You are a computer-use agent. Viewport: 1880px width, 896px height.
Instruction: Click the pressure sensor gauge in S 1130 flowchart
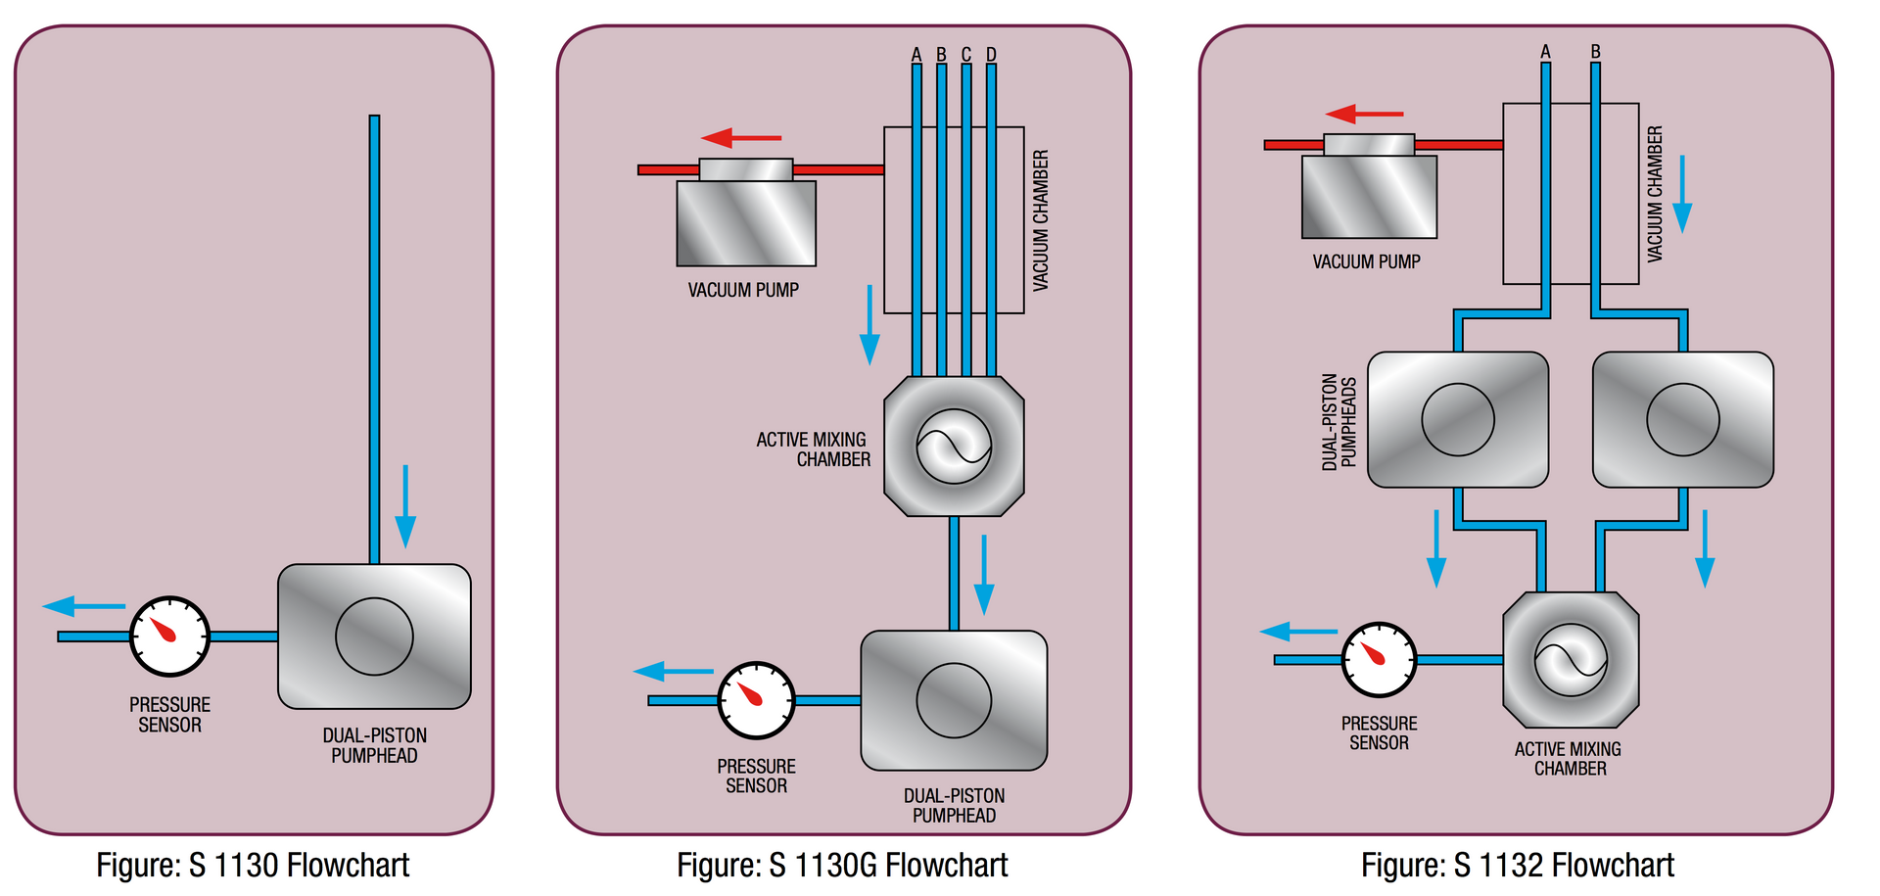pyautogui.click(x=169, y=637)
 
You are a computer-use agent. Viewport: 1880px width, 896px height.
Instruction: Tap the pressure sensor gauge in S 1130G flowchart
pyautogui.click(x=756, y=700)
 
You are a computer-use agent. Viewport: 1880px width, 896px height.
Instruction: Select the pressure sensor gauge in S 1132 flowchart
pyautogui.click(x=1379, y=659)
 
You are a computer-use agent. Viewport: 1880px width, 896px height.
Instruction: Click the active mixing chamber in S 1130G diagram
pyautogui.click(x=954, y=447)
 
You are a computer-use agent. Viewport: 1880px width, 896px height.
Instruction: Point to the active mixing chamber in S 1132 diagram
pyautogui.click(x=1571, y=660)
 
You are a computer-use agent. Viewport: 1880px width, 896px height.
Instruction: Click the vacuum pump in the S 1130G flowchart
pyautogui.click(x=746, y=215)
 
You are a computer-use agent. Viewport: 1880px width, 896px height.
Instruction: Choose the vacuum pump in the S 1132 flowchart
pyautogui.click(x=1369, y=190)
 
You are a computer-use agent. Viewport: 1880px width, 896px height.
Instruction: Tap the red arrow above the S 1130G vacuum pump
pyautogui.click(x=741, y=137)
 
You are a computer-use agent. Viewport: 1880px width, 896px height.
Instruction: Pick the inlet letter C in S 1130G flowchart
pyautogui.click(x=966, y=55)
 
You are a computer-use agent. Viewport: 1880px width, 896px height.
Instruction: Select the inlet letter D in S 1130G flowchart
pyautogui.click(x=991, y=55)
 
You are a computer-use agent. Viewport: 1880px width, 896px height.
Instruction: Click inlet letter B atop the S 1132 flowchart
pyautogui.click(x=1595, y=52)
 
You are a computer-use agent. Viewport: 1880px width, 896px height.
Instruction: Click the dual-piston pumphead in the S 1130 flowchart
pyautogui.click(x=374, y=637)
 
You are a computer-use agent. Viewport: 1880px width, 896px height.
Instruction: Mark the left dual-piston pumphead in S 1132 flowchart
pyautogui.click(x=1457, y=419)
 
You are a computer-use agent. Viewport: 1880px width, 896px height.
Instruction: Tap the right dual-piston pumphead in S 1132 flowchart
pyautogui.click(x=1682, y=419)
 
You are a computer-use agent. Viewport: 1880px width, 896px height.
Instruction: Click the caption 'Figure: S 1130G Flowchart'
pyautogui.click(x=842, y=866)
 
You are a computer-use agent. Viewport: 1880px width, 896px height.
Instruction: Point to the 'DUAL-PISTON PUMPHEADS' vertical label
pyautogui.click(x=1339, y=421)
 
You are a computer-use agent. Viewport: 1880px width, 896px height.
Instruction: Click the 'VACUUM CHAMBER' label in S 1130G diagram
pyautogui.click(x=1041, y=220)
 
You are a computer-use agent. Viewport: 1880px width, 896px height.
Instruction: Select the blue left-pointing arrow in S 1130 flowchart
pyautogui.click(x=84, y=606)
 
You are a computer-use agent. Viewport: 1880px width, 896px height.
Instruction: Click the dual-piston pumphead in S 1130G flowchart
pyautogui.click(x=954, y=700)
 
